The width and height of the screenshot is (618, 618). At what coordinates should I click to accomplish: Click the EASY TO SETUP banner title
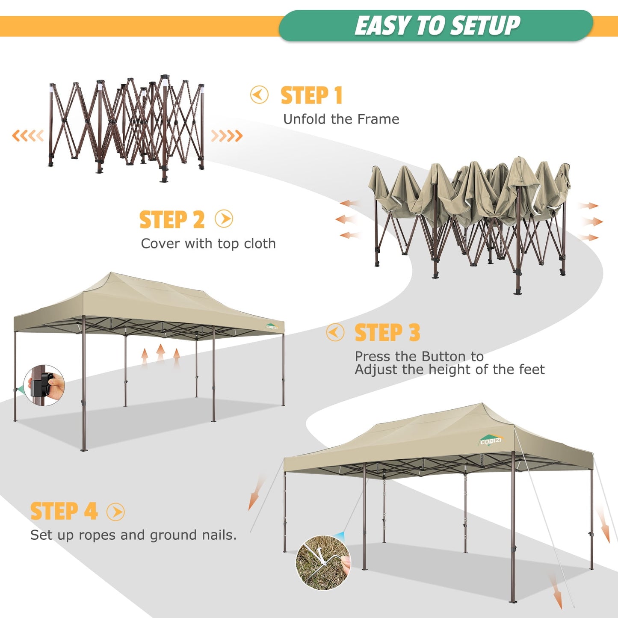click(x=437, y=26)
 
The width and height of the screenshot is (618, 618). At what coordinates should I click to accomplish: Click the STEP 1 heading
click(x=311, y=95)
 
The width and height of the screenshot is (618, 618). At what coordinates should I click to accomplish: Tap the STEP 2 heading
click(x=172, y=220)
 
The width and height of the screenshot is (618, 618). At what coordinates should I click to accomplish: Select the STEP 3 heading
click(x=387, y=333)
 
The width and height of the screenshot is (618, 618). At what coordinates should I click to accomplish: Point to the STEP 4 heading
click(x=64, y=511)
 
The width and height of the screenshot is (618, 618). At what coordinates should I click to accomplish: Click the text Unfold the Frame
click(x=341, y=119)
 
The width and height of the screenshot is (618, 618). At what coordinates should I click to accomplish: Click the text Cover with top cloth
click(x=208, y=244)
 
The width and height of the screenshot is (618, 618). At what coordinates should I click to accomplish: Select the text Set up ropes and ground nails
click(x=133, y=535)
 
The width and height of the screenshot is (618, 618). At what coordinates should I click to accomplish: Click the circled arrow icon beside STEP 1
click(x=259, y=95)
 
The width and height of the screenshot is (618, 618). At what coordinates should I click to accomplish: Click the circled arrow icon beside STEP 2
click(x=224, y=219)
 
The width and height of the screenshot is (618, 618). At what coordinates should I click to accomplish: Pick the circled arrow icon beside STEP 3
click(x=335, y=332)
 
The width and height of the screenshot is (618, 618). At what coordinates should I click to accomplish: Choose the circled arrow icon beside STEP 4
click(x=115, y=512)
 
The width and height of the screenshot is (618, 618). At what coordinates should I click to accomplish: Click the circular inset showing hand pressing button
click(x=44, y=385)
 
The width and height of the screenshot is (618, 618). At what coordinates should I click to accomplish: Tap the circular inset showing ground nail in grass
click(x=323, y=563)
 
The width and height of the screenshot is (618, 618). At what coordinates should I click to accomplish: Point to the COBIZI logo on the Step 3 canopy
click(x=272, y=327)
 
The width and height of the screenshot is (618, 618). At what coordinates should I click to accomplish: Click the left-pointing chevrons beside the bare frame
click(x=28, y=136)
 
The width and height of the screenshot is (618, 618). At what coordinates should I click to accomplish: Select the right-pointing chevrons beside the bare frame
click(x=227, y=136)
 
